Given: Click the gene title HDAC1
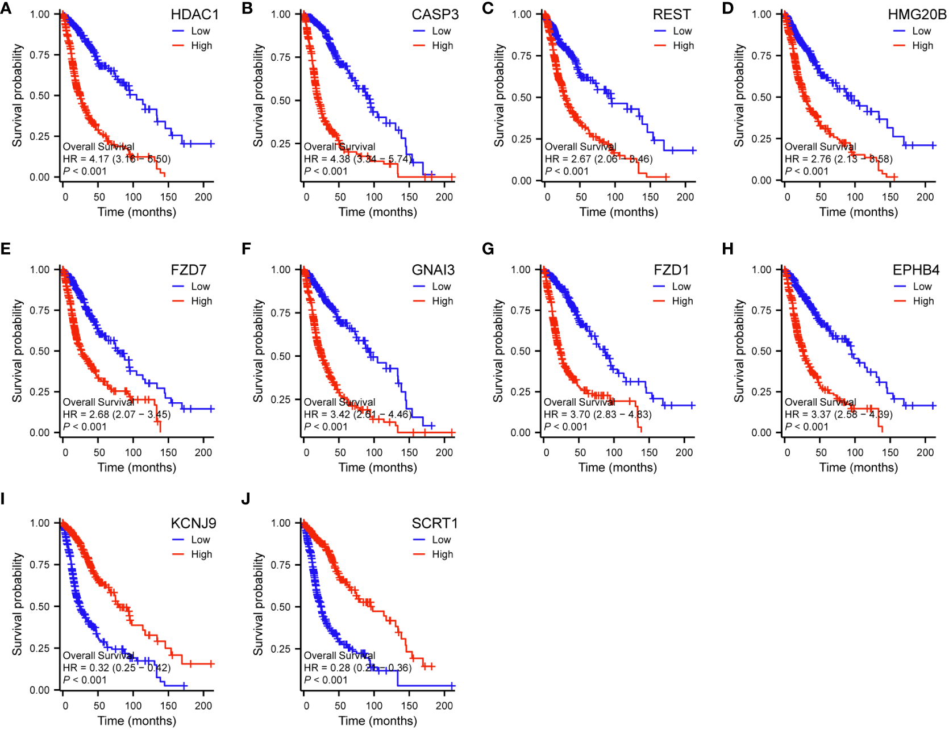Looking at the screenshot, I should [x=194, y=14].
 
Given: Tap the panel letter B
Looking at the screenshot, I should [x=247, y=9].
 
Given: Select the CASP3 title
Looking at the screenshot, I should [x=435, y=14].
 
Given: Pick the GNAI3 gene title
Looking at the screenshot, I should [x=433, y=270].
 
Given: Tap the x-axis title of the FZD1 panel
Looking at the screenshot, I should [x=617, y=468].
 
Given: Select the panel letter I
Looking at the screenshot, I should [x=3, y=499].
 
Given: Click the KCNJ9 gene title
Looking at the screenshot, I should [x=193, y=523].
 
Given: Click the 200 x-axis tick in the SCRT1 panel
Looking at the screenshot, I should [x=444, y=706].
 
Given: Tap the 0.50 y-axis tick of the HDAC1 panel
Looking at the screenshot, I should [x=40, y=95].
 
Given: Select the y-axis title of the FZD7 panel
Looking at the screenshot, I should [x=18, y=351].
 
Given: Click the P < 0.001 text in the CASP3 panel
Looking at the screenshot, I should [x=326, y=171].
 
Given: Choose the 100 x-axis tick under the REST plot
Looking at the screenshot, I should [x=615, y=197].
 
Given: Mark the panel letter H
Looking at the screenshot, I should [x=727, y=249].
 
